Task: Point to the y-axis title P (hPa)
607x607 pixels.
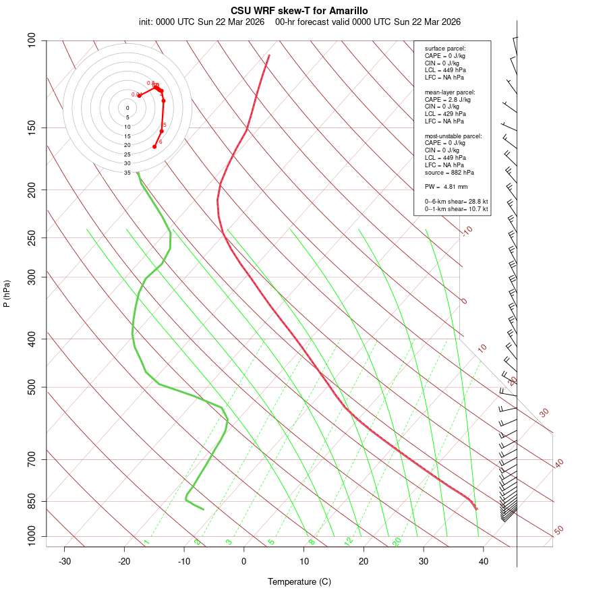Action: [x=7, y=293]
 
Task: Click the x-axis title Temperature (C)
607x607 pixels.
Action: [x=299, y=581]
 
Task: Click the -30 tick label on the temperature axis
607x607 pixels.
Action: [x=65, y=561]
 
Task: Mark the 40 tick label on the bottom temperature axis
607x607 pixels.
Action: [x=484, y=561]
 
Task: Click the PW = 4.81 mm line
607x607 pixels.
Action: [x=446, y=187]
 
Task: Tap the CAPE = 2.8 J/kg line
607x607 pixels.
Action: [x=447, y=99]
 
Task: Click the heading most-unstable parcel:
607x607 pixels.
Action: [x=453, y=136]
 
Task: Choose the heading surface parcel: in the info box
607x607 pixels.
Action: [x=445, y=48]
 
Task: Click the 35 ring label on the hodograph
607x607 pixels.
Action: [x=127, y=173]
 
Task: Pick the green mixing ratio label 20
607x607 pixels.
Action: [x=397, y=541]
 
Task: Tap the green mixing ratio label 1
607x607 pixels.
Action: [x=146, y=542]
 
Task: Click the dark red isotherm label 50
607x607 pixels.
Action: [x=558, y=531]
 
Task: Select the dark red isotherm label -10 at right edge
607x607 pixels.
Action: [x=467, y=231]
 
